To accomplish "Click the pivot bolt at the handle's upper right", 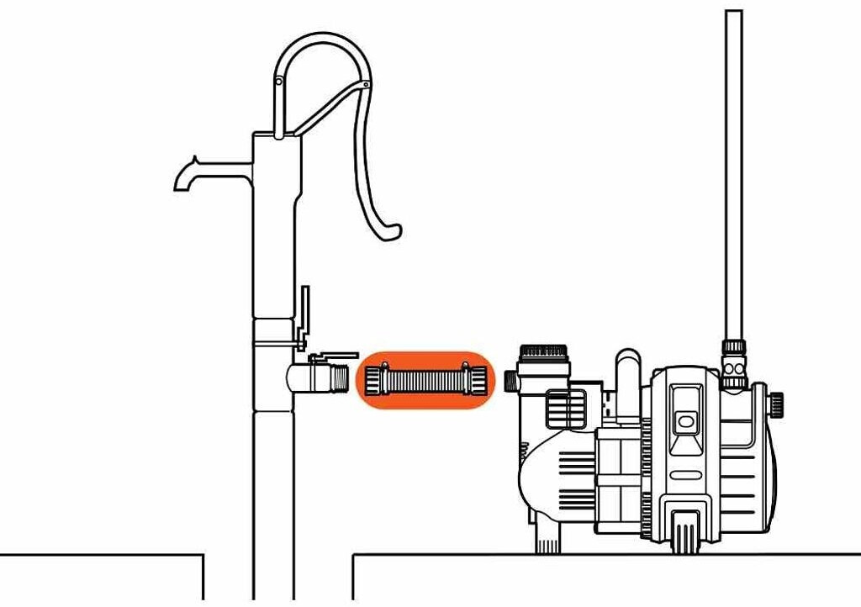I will (367, 85).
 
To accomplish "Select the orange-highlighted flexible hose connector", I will (425, 379).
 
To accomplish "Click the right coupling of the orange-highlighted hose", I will (472, 379).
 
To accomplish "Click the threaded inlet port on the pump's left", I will (510, 380).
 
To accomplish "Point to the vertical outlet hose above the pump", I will (734, 168).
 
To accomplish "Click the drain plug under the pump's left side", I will (548, 539).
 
